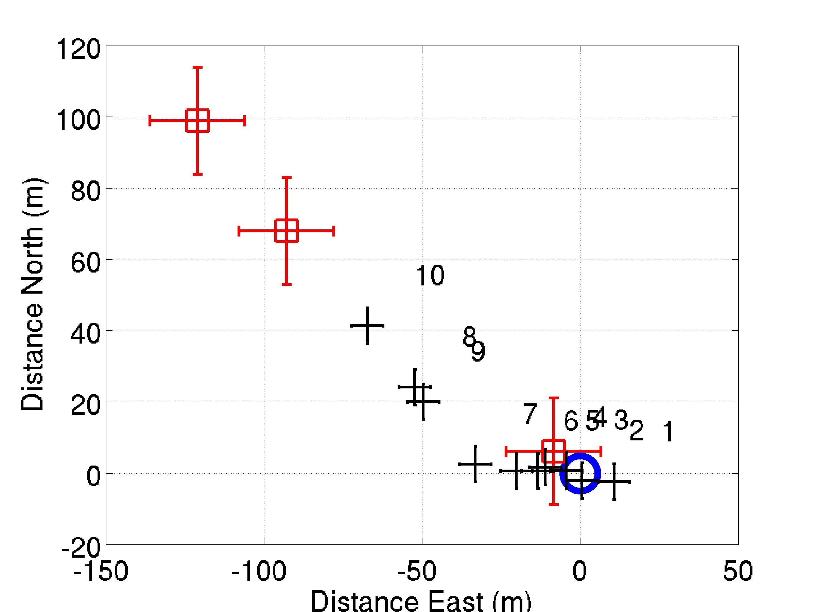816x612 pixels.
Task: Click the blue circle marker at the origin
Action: click(580, 473)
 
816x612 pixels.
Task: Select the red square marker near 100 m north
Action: click(197, 121)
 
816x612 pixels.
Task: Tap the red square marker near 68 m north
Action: click(286, 231)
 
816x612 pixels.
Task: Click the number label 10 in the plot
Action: click(430, 276)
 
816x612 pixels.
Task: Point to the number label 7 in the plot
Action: click(530, 414)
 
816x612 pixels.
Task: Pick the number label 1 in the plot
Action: click(669, 432)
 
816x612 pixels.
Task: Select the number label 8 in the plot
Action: click(469, 336)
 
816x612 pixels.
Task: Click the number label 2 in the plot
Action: click(637, 430)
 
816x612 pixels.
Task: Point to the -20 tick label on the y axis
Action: click(81, 548)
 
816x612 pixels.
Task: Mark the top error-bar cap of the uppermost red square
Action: click(197, 68)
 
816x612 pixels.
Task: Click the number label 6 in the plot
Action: click(571, 421)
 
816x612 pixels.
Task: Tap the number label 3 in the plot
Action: click(621, 420)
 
